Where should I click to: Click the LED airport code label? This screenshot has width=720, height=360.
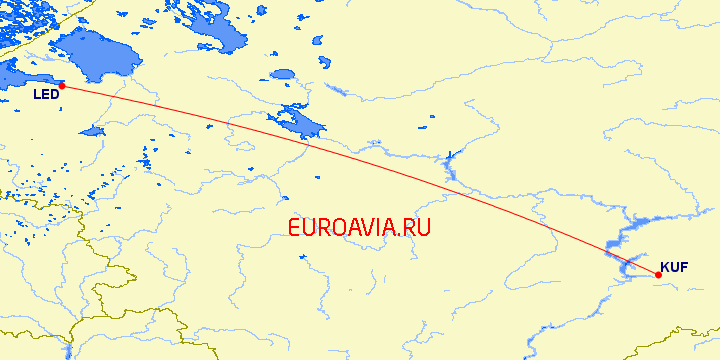[x=46, y=95]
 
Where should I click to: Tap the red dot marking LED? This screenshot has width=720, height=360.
[x=62, y=86]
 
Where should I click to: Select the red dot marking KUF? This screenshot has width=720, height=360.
[x=658, y=275]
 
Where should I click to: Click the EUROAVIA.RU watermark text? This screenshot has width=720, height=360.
[x=359, y=228]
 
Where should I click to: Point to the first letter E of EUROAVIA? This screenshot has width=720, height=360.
[x=293, y=228]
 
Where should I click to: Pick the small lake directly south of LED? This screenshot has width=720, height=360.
[x=92, y=131]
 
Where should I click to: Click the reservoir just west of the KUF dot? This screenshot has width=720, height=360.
[x=630, y=266]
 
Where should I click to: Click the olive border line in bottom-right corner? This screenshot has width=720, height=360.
[x=690, y=330]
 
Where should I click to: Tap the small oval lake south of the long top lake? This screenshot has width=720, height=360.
[x=283, y=75]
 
